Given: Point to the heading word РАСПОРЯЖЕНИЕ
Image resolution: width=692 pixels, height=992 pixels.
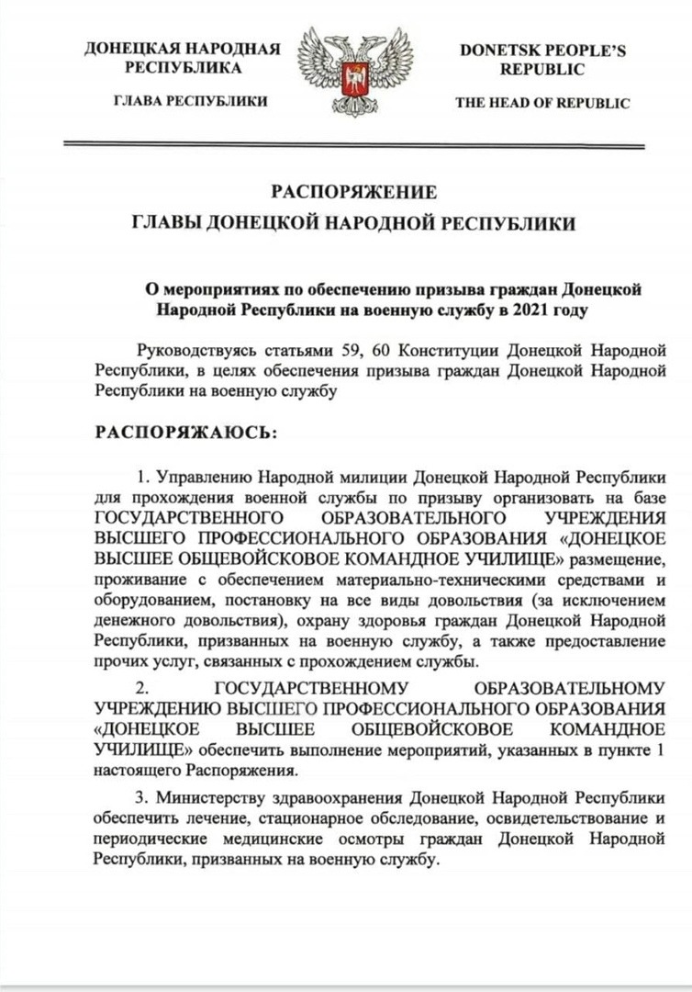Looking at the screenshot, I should click(353, 192).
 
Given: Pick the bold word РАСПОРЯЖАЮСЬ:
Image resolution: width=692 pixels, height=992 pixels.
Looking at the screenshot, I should click(184, 432).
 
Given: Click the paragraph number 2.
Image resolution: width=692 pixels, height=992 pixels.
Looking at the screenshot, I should click(141, 688).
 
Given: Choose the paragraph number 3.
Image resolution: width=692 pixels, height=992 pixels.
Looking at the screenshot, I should click(140, 795).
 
